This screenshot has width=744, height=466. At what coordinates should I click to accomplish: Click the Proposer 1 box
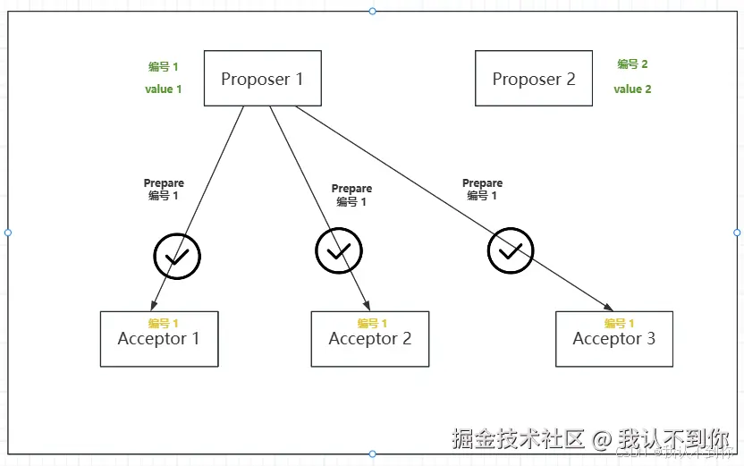[x=262, y=79]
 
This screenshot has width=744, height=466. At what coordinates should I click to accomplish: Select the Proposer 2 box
[x=533, y=79]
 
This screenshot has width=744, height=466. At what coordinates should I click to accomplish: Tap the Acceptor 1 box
[x=158, y=340]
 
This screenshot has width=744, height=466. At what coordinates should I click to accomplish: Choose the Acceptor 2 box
[x=369, y=340]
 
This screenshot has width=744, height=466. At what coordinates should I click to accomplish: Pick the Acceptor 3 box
[x=613, y=339]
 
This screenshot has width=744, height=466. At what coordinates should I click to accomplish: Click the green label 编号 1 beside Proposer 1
[x=163, y=66]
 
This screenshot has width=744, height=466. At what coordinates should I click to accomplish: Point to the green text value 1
[x=163, y=89]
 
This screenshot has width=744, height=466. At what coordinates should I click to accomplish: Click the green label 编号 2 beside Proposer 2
[x=632, y=64]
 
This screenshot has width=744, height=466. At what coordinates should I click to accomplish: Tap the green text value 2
[x=632, y=89]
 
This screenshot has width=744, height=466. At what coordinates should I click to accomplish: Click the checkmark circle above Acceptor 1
[x=177, y=257]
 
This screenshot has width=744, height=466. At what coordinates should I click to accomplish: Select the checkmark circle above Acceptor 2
[x=339, y=251]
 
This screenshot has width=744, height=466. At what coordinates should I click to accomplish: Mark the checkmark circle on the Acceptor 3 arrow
[x=510, y=251]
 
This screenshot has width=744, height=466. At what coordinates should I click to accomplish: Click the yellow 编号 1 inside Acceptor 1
[x=164, y=323]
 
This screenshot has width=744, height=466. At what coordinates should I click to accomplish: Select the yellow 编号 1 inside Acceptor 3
[x=619, y=323]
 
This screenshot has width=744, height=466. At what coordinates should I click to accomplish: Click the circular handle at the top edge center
[x=372, y=11]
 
